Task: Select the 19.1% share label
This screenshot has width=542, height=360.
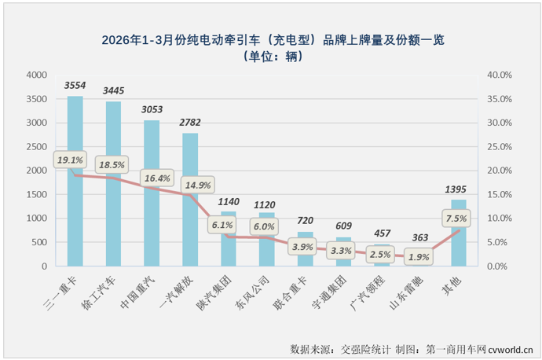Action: coord(70,160)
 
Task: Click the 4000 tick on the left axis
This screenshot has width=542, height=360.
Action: coord(35,75)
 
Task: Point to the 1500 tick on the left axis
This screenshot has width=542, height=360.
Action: coord(35,195)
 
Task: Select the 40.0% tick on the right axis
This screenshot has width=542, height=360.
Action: coord(499,75)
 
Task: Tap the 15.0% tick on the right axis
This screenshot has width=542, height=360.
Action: coord(499,195)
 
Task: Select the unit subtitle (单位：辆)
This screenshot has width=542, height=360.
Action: coord(271,57)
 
